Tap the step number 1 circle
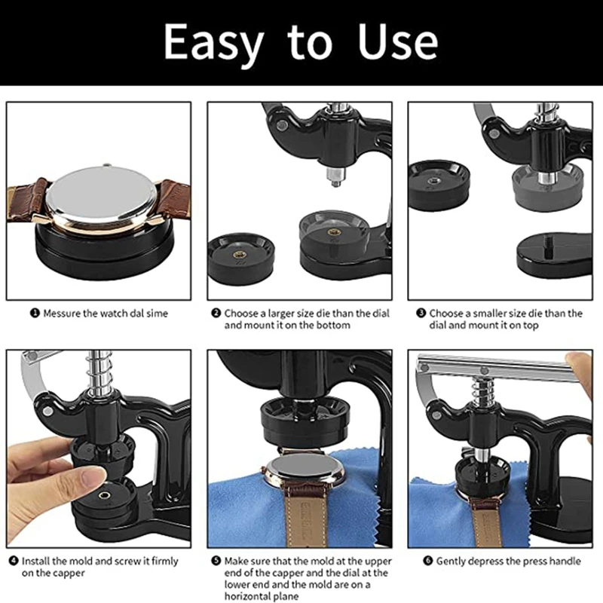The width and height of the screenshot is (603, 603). click(35, 313)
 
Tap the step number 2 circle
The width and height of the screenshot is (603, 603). click(216, 313)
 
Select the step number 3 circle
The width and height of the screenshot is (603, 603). click(421, 313)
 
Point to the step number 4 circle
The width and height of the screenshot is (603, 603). click(14, 561)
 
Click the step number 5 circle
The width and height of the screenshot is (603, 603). click(216, 561)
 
